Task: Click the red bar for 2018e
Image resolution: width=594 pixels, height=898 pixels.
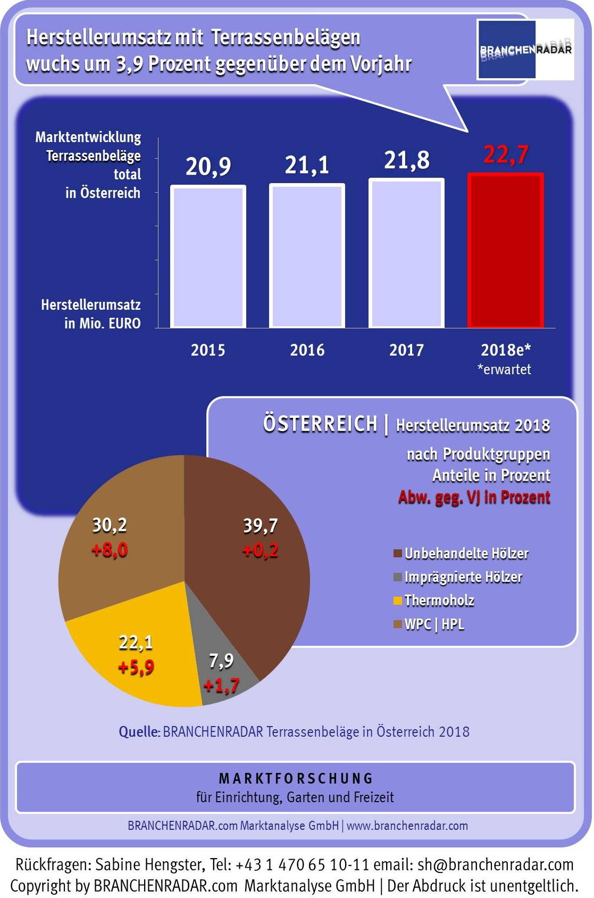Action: tap(505, 250)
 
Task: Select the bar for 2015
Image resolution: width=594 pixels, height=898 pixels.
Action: tap(208, 257)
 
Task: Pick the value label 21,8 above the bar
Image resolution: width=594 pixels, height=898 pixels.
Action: tap(407, 160)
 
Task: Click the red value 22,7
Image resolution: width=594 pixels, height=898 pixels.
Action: tap(506, 155)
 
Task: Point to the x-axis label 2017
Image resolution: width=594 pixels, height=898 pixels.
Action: tap(407, 350)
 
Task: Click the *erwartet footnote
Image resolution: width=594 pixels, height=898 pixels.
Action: tap(504, 369)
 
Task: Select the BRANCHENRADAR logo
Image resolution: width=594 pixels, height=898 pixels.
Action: tap(525, 50)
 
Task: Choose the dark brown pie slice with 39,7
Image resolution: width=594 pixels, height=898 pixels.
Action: tap(250, 586)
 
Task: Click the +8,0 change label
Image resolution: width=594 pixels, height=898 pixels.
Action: tap(110, 549)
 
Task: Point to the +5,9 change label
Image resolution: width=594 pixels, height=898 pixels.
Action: tap(136, 667)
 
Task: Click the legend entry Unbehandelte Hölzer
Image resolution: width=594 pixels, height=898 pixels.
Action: tap(466, 554)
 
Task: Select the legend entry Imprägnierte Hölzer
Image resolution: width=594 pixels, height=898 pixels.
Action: tap(463, 577)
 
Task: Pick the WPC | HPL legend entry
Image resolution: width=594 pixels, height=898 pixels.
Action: tap(434, 624)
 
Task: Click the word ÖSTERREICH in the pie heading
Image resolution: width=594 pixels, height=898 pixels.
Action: tap(320, 424)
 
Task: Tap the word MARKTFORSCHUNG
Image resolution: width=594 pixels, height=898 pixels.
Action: tap(296, 778)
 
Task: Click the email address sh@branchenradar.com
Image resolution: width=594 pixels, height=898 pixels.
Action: tap(496, 864)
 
